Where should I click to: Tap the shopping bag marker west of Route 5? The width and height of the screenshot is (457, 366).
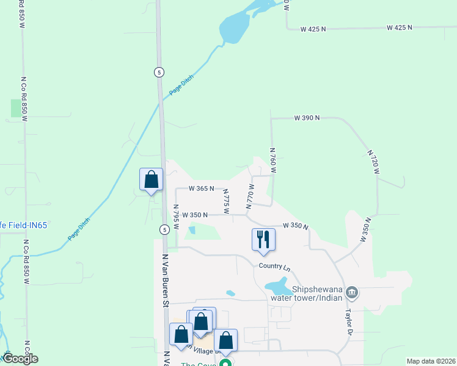152,180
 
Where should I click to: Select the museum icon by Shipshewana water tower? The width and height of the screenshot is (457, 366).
352,293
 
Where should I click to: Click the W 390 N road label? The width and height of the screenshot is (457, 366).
307,118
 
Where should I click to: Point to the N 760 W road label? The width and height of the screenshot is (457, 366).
273,160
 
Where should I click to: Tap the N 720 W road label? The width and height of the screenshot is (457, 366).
374,161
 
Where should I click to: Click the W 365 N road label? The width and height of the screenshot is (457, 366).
201,188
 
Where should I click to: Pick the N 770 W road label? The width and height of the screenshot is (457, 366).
250,196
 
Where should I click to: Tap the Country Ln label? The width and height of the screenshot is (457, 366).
274,267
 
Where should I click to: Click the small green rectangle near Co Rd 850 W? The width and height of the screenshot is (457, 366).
15,108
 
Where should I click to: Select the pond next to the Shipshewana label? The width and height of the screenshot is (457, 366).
277,285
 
